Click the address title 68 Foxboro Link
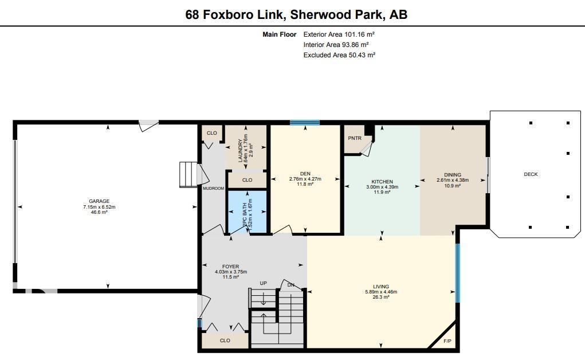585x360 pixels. point(296,14)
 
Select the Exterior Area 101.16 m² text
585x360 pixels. point(339,34)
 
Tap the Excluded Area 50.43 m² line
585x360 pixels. point(339,55)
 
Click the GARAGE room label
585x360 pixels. point(99,201)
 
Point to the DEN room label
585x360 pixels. point(305,174)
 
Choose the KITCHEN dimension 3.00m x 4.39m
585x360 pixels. point(382,187)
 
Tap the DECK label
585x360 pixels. point(531,174)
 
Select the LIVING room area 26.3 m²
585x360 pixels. point(381,297)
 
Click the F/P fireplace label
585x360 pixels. point(447,341)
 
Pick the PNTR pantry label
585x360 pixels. point(354,138)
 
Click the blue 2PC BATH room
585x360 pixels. point(248,212)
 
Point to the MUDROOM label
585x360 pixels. point(213,188)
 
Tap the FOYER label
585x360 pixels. point(230,267)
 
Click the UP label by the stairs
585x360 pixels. point(263,283)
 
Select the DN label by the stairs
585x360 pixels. point(291,285)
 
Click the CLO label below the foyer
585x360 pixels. point(225,341)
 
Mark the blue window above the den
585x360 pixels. point(304,122)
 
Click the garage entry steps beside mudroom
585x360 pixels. point(188,174)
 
